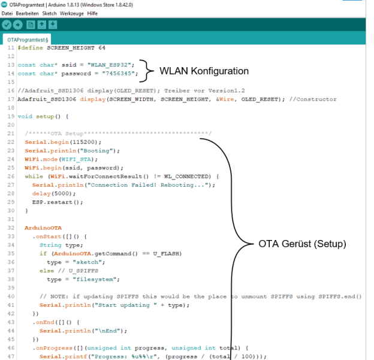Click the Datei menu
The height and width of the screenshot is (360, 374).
(7, 13)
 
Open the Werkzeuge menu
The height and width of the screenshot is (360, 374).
(72, 14)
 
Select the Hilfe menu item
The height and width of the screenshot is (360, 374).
(92, 13)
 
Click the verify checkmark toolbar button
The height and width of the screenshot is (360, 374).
(7, 25)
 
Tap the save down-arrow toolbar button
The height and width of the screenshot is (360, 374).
(53, 25)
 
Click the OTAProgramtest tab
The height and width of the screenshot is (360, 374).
(28, 40)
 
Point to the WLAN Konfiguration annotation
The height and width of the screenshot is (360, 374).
(204, 71)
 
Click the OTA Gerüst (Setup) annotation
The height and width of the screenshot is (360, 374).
(302, 244)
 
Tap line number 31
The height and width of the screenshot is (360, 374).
(11, 219)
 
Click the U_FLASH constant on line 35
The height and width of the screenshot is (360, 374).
(166, 254)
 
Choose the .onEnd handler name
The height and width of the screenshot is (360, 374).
(44, 322)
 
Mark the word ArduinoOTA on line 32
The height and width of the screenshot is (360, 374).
(43, 228)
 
